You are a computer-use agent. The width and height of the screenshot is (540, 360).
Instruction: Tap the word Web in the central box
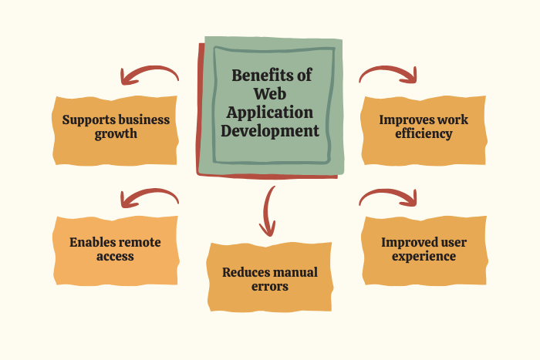point(270,93)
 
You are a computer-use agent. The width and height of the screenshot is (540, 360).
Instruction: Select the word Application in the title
point(270,112)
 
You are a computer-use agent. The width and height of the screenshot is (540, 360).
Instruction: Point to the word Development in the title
point(270,130)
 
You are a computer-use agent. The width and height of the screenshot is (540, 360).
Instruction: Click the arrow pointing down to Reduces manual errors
point(268,210)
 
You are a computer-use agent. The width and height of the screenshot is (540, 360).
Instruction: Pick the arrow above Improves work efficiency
point(388,74)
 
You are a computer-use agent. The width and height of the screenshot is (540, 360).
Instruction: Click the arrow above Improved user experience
point(388,198)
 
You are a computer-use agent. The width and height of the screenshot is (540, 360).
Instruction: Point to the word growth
point(116,133)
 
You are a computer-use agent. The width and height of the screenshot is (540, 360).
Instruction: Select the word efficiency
point(424,133)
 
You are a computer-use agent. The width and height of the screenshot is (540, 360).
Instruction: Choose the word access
point(116,256)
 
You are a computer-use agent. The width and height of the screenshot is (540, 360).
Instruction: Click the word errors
point(269,286)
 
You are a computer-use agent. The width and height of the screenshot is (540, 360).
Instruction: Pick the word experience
point(424,255)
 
